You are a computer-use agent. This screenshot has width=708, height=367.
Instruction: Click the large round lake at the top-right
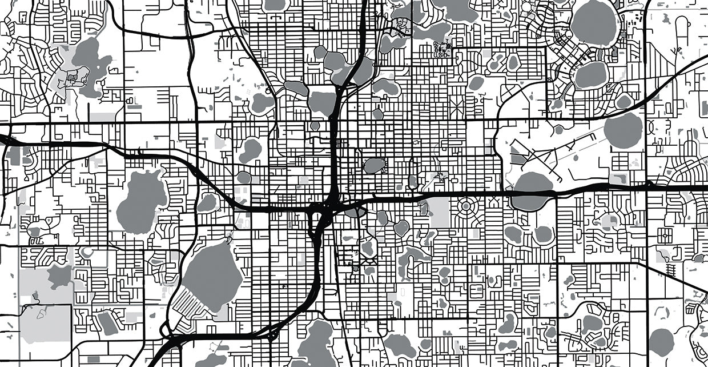click(594, 23)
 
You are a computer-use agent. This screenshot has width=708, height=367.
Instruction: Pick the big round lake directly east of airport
click(623, 130)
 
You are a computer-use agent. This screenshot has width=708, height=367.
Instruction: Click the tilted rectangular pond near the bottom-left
click(107, 323)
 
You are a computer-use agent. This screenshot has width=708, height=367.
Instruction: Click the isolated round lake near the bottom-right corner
click(662, 341)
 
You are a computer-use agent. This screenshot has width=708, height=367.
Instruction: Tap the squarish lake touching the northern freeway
click(321, 101)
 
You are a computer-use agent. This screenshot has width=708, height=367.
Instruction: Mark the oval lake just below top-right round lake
click(591, 74)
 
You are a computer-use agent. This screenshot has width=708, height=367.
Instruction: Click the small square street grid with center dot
click(664, 234)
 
